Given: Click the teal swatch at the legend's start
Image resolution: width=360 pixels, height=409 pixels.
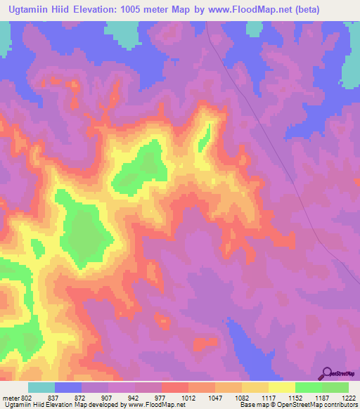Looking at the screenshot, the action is tap(41, 387).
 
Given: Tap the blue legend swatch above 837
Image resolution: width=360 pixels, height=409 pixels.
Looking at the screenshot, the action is tap(68, 387).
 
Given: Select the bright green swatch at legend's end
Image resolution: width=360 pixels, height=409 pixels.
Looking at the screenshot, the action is tap(335, 387).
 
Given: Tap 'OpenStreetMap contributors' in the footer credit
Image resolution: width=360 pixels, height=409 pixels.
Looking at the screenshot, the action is tap(320, 405).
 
